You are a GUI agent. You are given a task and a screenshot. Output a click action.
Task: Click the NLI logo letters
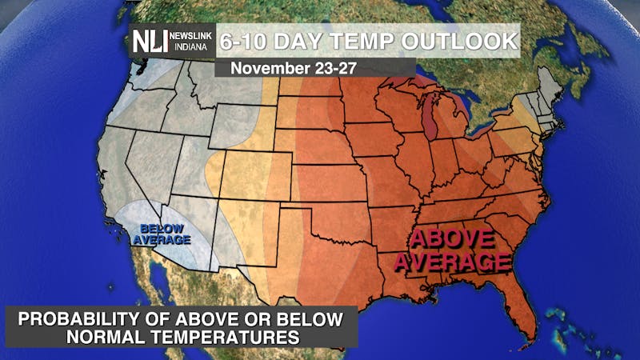pyautogui.click(x=150, y=42)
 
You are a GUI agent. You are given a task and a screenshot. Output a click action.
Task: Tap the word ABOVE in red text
pyautogui.click(x=451, y=239)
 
